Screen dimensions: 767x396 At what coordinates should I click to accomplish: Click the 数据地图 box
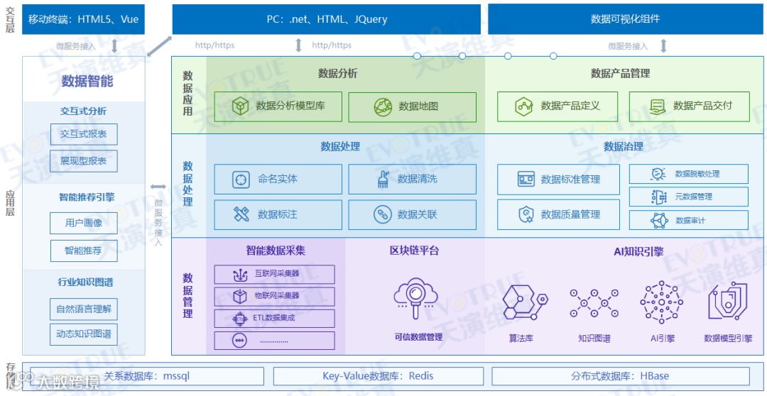pos(412,106)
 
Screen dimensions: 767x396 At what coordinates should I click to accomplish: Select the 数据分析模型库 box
pos(278,106)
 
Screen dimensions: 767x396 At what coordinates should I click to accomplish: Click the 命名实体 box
pos(278,180)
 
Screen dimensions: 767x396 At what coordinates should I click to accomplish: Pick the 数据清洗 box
pos(412,180)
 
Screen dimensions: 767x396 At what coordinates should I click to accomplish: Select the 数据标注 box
pos(278,214)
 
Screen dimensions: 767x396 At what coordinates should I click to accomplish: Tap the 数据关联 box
pos(412,214)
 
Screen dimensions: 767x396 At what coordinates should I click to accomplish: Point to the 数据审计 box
pos(688,220)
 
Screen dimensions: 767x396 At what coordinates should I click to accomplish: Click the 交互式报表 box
pos(84,134)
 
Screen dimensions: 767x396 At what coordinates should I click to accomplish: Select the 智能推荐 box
pos(84,251)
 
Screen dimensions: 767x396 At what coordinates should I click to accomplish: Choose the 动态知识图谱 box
pos(84,334)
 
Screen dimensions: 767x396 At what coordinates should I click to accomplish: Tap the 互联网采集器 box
pos(274,274)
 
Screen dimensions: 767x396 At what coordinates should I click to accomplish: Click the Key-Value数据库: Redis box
pos(378,376)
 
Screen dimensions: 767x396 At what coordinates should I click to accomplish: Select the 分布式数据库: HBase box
pos(620,376)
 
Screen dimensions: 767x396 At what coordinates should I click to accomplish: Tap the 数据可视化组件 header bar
pos(625,19)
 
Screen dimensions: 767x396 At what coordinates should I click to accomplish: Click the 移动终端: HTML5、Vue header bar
pos(84,19)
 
